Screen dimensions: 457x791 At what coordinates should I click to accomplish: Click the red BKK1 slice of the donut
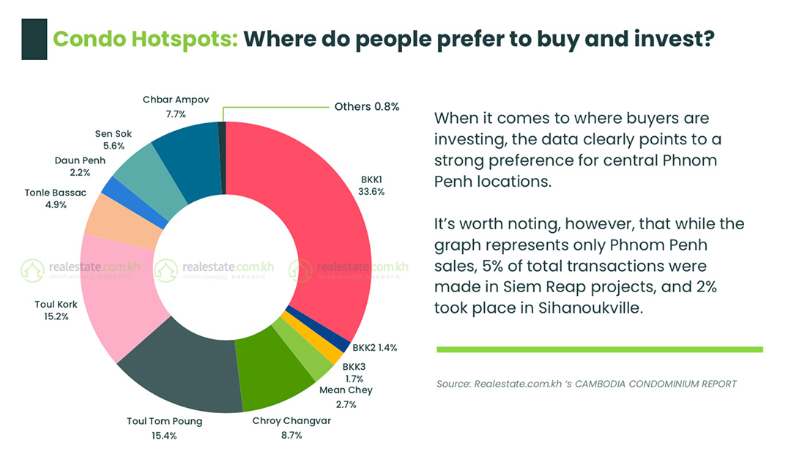[x=322, y=220]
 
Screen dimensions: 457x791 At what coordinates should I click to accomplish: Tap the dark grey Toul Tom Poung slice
[x=183, y=370]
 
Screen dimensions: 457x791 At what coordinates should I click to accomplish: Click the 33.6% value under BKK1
[x=372, y=191]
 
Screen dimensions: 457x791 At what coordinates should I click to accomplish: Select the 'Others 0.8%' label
[x=366, y=106]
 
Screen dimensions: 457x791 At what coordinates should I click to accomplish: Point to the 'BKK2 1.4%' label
[x=374, y=348]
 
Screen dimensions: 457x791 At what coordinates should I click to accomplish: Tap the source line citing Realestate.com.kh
[x=586, y=384]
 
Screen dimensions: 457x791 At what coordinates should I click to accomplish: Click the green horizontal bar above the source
[x=599, y=349]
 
